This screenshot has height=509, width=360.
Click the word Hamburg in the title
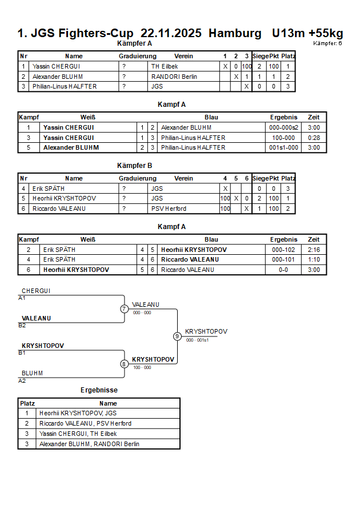(x=233, y=34)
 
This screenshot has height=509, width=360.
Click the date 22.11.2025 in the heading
(x=171, y=34)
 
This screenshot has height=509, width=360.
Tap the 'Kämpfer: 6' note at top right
(x=327, y=43)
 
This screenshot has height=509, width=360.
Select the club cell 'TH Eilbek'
(x=165, y=66)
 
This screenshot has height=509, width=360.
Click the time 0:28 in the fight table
(x=314, y=138)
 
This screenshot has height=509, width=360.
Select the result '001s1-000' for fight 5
(x=284, y=147)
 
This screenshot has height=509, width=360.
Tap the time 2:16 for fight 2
(x=314, y=250)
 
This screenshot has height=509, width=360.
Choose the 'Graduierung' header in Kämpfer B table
(x=137, y=178)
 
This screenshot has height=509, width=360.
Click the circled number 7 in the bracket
(x=124, y=309)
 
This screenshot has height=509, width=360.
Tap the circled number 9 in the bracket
(x=177, y=336)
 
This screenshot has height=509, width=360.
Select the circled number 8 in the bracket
(x=124, y=364)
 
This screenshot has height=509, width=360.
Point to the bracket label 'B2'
(x=22, y=326)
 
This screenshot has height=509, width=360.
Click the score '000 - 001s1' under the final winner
(x=197, y=340)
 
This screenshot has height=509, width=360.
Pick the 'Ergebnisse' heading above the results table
(x=99, y=390)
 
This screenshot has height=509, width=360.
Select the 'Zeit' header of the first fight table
(x=314, y=118)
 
